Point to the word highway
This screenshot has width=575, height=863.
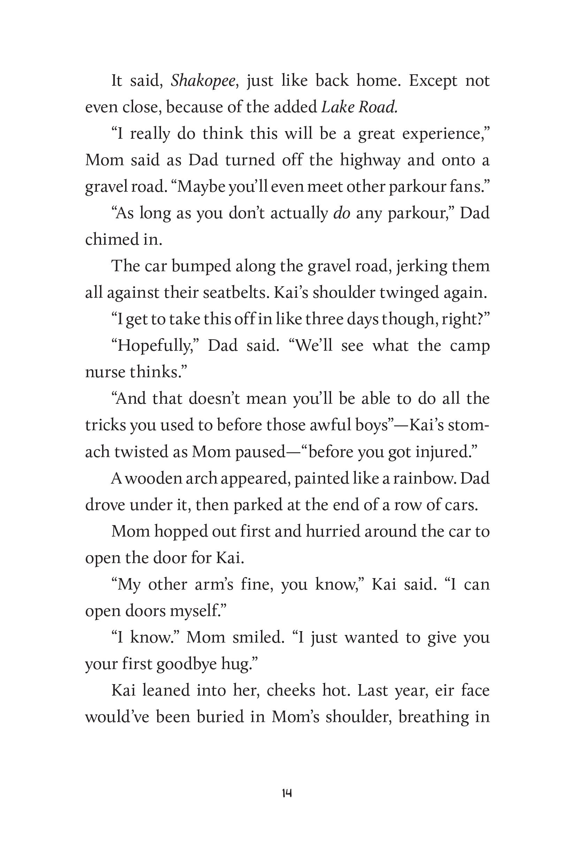coord(370,160)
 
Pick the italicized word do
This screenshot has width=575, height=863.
coord(342,213)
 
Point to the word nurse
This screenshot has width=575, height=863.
coord(105,372)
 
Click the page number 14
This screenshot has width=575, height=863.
coord(287,793)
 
